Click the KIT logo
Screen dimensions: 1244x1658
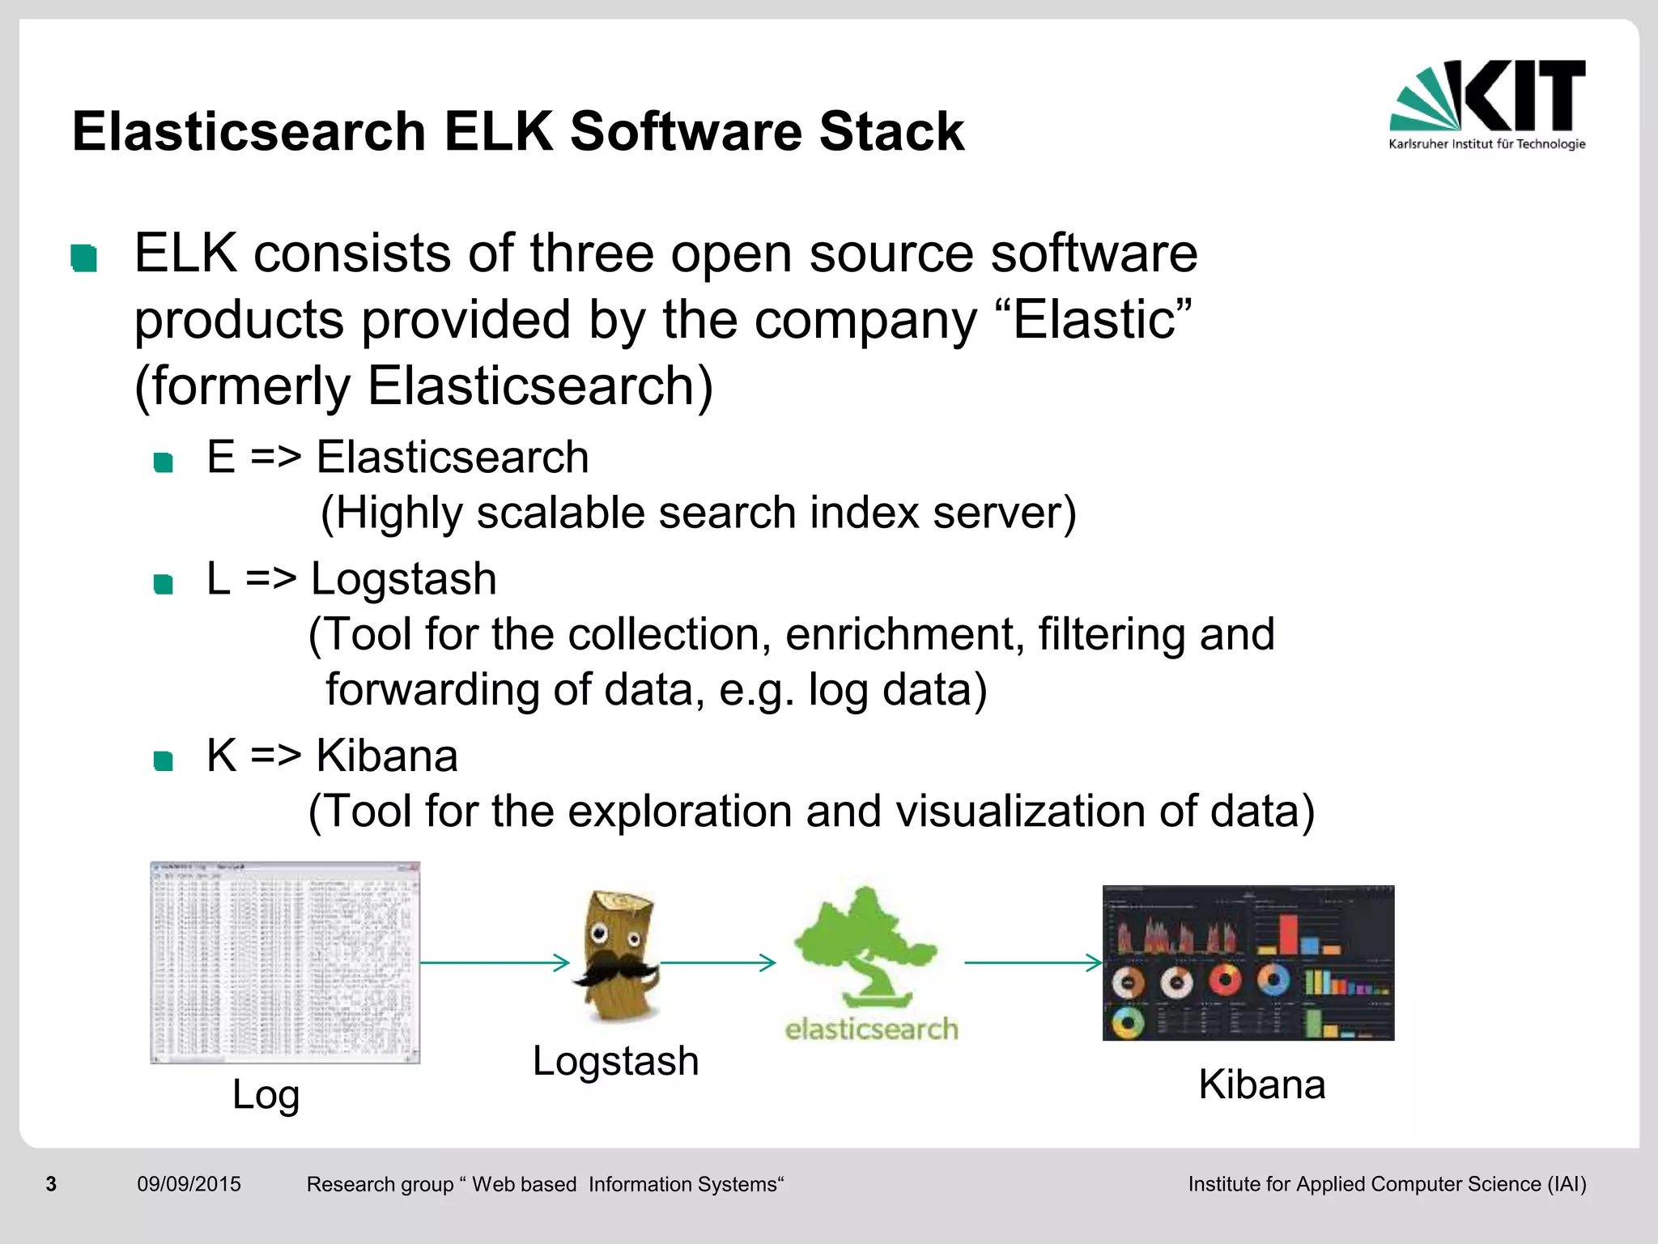pos(1487,104)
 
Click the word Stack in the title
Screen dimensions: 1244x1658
pos(891,131)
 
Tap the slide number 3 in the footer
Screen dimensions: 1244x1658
pos(51,1184)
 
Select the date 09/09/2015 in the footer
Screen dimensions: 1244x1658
pos(189,1184)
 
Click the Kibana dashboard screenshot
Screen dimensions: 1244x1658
pos(1248,962)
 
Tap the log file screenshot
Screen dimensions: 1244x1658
pos(285,962)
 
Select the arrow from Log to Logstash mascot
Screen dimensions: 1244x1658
pos(495,962)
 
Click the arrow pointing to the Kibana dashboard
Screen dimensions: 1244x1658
pos(1033,962)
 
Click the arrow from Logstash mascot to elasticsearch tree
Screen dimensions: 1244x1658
pos(717,962)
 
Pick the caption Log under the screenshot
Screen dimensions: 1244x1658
pos(266,1094)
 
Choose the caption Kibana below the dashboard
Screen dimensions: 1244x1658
pos(1261,1084)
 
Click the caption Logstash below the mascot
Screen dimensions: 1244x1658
pos(615,1060)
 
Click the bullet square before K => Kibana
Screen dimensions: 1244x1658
pos(164,760)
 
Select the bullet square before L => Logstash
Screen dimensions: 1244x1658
pos(164,584)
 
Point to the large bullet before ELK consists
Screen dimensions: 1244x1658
pos(84,258)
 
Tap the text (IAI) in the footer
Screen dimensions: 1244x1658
pos(1566,1184)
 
